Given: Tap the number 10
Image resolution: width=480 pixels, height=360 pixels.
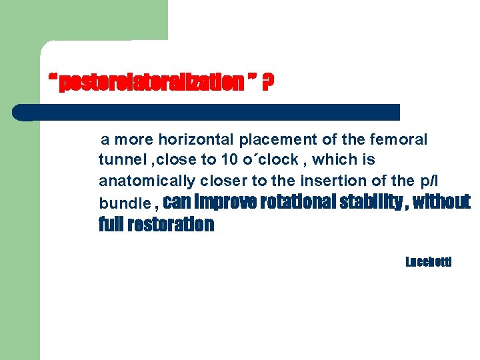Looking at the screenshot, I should coord(228,161).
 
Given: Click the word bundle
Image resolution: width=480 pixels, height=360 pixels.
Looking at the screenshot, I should coord(124,203).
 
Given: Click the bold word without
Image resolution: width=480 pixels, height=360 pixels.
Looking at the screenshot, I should coord(441,201).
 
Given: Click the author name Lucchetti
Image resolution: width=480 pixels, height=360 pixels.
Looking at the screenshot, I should coord(429,262).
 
